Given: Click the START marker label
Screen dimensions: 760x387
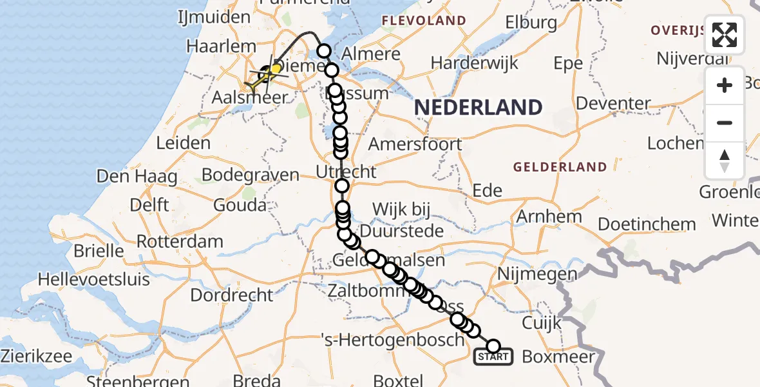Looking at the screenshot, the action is coord(493,357).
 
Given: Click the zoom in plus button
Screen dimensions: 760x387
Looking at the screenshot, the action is coord(725,85).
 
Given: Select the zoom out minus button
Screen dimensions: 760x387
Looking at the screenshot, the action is coord(725,123).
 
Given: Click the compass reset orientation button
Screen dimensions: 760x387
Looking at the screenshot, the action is coord(725,160).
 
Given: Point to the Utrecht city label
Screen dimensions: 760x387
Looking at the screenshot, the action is coord(346,172).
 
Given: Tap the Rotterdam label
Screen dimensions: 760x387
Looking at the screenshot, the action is coord(180,243).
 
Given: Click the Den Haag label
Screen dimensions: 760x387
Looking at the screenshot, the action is coord(132,175).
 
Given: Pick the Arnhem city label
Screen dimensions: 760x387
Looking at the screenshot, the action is coord(549,217).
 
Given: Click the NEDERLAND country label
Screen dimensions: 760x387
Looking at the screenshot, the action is coord(477,107).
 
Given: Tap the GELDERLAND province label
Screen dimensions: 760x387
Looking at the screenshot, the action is coord(560,167).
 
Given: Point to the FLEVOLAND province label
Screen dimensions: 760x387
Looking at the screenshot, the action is coord(424,21).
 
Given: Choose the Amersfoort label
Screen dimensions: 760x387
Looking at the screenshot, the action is coord(415,144).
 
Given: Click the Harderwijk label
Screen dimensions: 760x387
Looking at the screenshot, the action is coord(475,63).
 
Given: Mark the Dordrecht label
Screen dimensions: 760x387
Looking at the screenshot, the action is coord(232,295).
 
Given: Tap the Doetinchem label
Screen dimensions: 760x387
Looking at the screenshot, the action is coord(647,224).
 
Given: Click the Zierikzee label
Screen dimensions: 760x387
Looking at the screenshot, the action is coord(36,355).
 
